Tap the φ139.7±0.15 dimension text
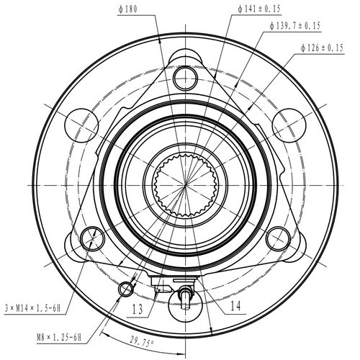[295, 26]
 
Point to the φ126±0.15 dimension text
[325, 48]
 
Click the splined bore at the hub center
[184, 184]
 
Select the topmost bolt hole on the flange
[185, 76]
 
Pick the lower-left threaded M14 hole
[92, 237]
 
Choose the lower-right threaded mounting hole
[276, 237]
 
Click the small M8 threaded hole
[127, 289]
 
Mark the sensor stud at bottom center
[185, 294]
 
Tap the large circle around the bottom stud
[185, 306]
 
